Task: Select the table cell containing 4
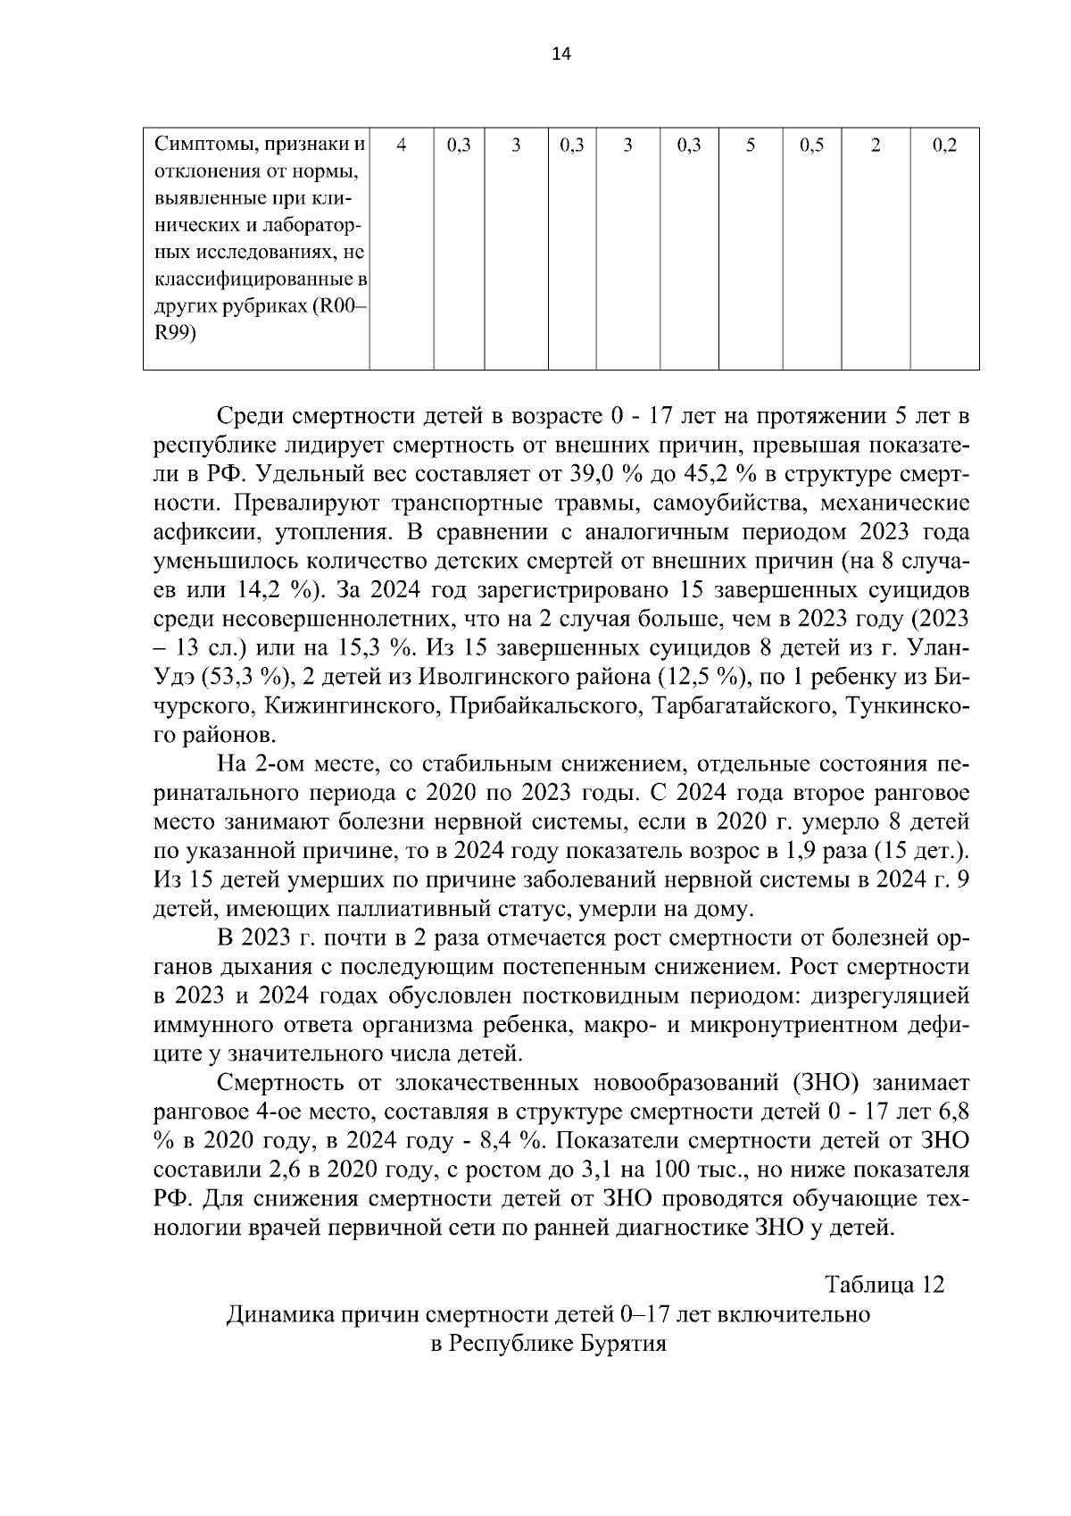(402, 146)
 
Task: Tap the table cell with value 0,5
(811, 146)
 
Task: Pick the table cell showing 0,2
(943, 146)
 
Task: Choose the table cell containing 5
(750, 146)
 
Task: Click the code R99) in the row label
(175, 333)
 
